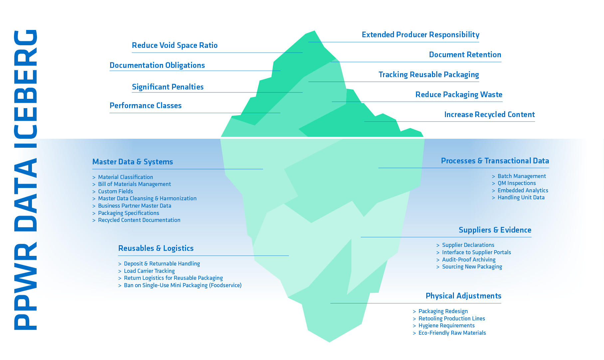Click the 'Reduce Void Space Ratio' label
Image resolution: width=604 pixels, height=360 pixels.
tap(175, 45)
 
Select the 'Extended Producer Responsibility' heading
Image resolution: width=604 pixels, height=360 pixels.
tap(421, 35)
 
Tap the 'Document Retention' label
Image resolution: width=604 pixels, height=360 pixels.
tap(465, 55)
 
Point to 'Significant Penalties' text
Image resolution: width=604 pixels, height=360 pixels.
tap(168, 87)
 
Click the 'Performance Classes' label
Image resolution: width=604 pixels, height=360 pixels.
tap(146, 105)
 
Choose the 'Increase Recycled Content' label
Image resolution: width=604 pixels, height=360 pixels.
tap(490, 114)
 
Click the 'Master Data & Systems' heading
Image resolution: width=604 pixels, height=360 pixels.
tap(132, 162)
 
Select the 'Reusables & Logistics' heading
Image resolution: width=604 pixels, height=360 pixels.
tap(156, 248)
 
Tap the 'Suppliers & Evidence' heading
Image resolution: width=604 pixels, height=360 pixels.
tap(495, 230)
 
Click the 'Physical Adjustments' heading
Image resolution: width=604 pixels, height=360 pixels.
tap(464, 296)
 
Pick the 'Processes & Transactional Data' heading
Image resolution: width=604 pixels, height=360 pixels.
tap(495, 161)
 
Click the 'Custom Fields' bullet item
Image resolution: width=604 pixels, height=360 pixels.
tap(115, 191)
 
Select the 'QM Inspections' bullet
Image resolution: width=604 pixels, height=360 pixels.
tap(516, 183)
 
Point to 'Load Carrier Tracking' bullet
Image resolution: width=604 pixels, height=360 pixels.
tap(149, 271)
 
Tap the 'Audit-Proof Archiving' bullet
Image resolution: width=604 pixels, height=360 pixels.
tap(469, 260)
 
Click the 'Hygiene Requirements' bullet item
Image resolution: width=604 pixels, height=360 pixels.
tap(446, 325)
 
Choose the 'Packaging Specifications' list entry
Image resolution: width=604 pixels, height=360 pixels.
tap(128, 213)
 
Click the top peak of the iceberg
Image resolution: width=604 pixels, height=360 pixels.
tap(314, 31)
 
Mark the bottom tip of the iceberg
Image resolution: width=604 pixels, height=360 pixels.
tap(329, 342)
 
